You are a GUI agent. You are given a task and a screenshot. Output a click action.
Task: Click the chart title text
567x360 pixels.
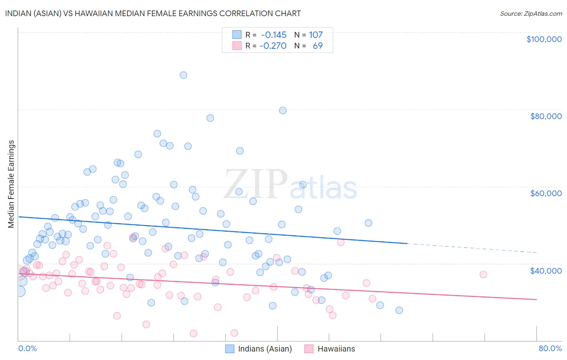click(x=153, y=13)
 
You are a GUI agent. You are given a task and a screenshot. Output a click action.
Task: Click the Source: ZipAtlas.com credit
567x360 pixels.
click(x=531, y=13)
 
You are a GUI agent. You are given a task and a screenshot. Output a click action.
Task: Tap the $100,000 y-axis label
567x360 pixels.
click(x=544, y=39)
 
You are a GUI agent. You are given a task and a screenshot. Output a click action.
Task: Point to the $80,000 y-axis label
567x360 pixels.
click(x=546, y=116)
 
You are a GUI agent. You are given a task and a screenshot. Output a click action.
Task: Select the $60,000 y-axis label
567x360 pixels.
click(x=546, y=193)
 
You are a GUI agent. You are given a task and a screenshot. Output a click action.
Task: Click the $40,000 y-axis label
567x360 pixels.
click(x=546, y=270)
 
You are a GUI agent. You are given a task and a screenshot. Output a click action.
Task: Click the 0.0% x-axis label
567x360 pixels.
click(x=27, y=348)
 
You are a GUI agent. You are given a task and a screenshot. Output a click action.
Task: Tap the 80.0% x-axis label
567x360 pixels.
click(x=550, y=348)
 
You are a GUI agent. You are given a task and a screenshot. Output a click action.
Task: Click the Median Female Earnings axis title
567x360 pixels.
click(x=11, y=184)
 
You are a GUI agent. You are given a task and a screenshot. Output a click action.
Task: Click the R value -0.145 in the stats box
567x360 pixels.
click(x=273, y=35)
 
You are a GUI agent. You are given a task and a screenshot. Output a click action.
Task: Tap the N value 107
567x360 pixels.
click(x=316, y=35)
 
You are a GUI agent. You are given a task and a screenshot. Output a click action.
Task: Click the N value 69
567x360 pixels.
click(x=318, y=46)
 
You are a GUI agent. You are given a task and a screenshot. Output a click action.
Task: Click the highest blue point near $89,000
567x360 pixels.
click(x=183, y=75)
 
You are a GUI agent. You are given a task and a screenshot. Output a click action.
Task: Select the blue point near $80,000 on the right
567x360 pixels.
click(x=283, y=111)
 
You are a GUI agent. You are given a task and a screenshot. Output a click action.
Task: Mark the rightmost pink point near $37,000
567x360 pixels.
click(x=483, y=274)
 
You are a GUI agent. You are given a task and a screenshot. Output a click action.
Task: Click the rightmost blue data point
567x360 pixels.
click(x=399, y=310)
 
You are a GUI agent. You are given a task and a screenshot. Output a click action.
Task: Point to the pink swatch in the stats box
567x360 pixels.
click(x=237, y=46)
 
